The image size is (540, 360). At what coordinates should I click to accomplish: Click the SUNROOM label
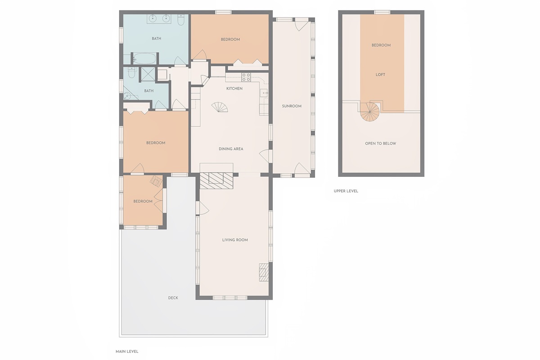click(x=292, y=106)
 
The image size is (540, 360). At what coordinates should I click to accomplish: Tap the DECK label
click(x=173, y=298)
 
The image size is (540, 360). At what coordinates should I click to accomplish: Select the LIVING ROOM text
click(x=235, y=240)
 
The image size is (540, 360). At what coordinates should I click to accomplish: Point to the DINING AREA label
click(x=231, y=149)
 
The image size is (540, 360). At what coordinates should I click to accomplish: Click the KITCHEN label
click(x=234, y=89)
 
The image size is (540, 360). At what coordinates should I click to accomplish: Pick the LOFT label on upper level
click(x=380, y=75)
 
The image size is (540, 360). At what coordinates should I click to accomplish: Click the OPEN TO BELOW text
click(x=381, y=144)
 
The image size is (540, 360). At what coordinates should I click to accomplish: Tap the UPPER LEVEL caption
click(x=346, y=191)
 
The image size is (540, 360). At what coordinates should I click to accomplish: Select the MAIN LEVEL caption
click(x=127, y=351)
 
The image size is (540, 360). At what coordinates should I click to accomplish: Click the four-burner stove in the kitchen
click(x=246, y=77)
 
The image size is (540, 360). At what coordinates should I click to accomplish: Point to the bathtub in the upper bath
click(x=144, y=58)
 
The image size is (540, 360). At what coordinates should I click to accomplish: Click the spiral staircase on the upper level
click(x=370, y=112)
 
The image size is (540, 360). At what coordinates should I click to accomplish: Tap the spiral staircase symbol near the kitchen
click(x=220, y=107)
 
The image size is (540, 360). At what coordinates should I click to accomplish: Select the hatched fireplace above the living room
click(x=216, y=180)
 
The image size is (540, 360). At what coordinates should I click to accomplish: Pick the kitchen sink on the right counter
click(x=264, y=93)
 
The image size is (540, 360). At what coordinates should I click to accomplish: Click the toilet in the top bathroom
click(x=181, y=20)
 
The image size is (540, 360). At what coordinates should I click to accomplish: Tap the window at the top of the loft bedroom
click(x=382, y=12)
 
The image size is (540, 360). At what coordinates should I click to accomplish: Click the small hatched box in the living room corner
click(x=264, y=272)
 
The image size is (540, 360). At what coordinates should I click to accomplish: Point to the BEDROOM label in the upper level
click(x=381, y=45)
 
